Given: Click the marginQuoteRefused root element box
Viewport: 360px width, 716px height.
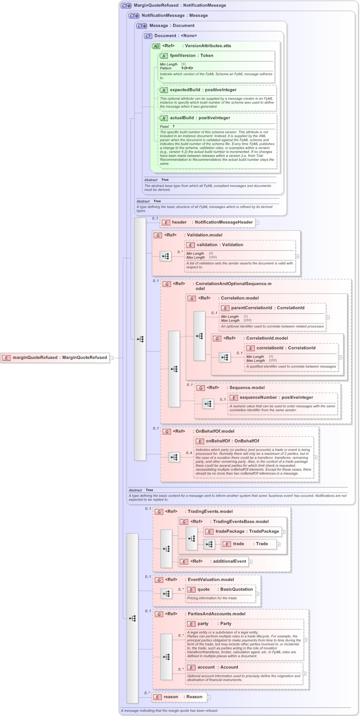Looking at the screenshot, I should coord(55,357).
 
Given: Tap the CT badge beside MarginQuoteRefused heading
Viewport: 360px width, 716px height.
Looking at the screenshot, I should coord(126,5).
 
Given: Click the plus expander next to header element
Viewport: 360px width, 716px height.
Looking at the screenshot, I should coord(257,223).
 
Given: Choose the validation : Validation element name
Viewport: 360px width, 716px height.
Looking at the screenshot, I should coord(220,245).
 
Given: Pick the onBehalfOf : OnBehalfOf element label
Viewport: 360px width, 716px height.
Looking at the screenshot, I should coord(232,441).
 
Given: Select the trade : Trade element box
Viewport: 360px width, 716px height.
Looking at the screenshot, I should coord(249,544).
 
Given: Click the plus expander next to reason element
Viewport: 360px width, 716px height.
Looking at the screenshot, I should coord(209,697).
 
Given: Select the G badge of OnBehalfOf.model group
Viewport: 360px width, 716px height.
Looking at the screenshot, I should coord(166,431).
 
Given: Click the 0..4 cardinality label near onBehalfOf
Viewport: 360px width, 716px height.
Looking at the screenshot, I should coord(189,453).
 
